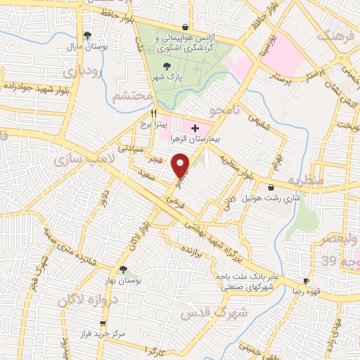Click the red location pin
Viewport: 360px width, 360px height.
pyautogui.click(x=181, y=166)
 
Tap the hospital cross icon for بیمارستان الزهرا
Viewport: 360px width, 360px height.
pyautogui.click(x=195, y=128)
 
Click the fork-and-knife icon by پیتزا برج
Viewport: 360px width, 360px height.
pyautogui.click(x=153, y=113)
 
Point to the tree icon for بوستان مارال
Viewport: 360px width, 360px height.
pyautogui.click(x=87, y=34)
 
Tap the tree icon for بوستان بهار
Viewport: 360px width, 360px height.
pyautogui.click(x=123, y=269)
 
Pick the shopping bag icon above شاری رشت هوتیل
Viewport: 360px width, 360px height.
pyautogui.click(x=271, y=187)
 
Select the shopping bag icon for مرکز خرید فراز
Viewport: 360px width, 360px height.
pyautogui.click(x=103, y=323)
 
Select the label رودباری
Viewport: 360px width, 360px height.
pyautogui.click(x=83, y=72)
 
